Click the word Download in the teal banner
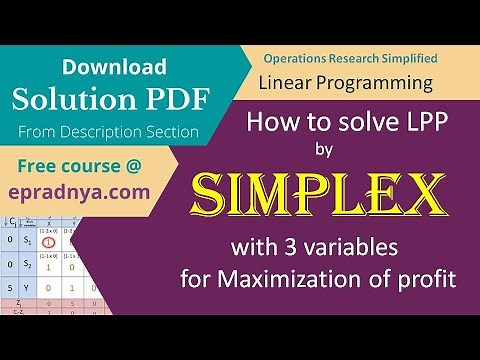(113, 67)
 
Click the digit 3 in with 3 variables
(314, 245)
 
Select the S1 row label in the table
(28, 241)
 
